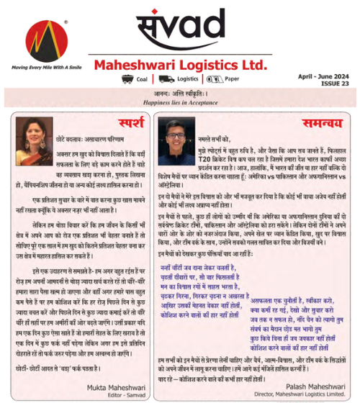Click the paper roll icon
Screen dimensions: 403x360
pyautogui.click(x=214, y=79)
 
